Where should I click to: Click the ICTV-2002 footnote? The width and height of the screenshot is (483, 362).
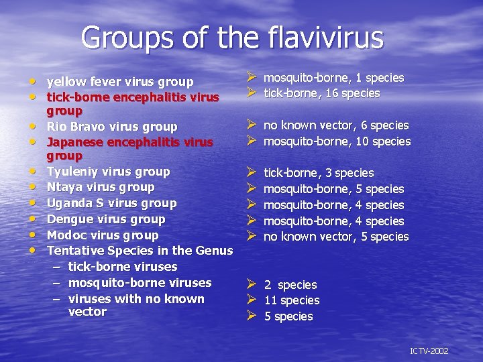(x=429, y=351)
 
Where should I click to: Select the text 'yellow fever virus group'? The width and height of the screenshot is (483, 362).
(x=120, y=82)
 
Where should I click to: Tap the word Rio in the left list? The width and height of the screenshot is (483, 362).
(x=56, y=127)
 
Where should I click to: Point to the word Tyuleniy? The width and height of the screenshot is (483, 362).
(x=72, y=172)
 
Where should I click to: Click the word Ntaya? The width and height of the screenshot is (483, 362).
(x=64, y=187)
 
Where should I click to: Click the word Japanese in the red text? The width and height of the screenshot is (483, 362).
(x=75, y=142)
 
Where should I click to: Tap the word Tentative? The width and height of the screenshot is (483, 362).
(x=74, y=251)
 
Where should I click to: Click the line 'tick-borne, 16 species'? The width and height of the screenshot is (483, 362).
(x=322, y=93)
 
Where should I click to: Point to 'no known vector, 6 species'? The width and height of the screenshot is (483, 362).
(x=336, y=125)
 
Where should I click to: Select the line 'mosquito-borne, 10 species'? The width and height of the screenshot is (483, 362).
(x=337, y=141)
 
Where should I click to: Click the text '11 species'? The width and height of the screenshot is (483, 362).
(x=292, y=300)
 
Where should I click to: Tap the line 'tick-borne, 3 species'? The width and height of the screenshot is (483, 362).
(x=319, y=173)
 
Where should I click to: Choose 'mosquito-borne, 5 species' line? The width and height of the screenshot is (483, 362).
(x=333, y=189)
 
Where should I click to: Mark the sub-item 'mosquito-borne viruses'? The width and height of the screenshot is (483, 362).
(x=140, y=283)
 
